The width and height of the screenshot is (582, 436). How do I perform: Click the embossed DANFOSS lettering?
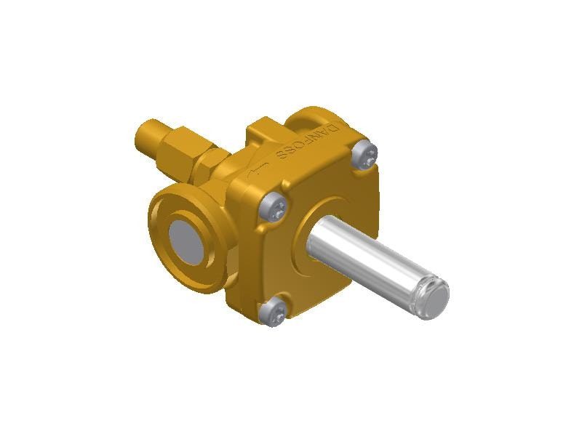[x=308, y=142]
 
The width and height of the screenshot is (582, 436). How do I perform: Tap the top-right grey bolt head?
[x=365, y=156]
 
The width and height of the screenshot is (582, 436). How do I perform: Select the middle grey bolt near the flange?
[x=274, y=207]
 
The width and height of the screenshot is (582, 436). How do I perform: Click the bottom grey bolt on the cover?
[x=272, y=313]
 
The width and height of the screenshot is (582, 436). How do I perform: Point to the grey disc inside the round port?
[x=187, y=241]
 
